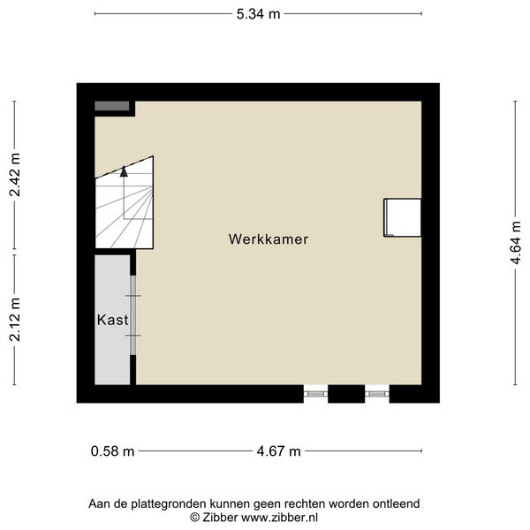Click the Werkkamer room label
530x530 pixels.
269,239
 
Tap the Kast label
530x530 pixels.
112,320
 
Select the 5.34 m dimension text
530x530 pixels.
258,14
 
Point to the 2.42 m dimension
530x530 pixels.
15,175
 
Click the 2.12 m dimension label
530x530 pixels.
15,320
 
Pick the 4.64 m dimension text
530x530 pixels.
516,243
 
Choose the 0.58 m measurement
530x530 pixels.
112,451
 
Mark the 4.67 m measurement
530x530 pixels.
278,451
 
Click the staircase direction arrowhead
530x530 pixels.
124,171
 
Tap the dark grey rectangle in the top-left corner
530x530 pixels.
112,106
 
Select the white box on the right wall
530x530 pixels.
402,217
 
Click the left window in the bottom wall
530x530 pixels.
315,394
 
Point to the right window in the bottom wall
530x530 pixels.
377,394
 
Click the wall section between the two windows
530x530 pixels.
346,394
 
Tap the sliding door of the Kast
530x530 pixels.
133,315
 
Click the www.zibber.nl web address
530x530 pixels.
279,518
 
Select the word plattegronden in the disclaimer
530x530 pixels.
169,504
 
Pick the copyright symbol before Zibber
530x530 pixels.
194,518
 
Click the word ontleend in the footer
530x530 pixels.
396,504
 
